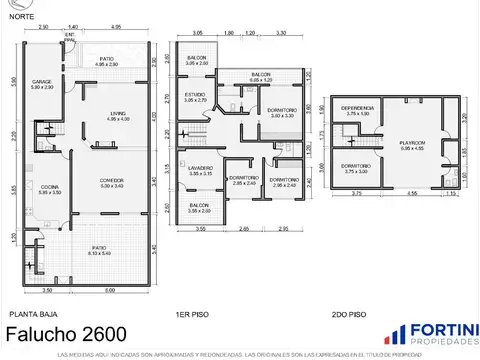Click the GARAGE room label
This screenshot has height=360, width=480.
(x=41, y=82)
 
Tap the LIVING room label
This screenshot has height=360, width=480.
(x=118, y=115)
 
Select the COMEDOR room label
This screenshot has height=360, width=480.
(x=111, y=181)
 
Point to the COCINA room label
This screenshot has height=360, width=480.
(x=49, y=187)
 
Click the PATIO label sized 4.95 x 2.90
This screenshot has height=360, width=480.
(x=106, y=58)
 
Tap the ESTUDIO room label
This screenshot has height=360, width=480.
(x=195, y=96)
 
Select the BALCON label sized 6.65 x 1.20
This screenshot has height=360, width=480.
(x=261, y=75)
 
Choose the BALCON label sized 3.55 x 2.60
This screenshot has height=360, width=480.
(x=199, y=207)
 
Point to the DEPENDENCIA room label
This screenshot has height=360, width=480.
(x=357, y=108)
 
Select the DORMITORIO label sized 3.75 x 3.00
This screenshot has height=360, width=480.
(x=357, y=167)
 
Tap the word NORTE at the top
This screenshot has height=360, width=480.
(x=23, y=15)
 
